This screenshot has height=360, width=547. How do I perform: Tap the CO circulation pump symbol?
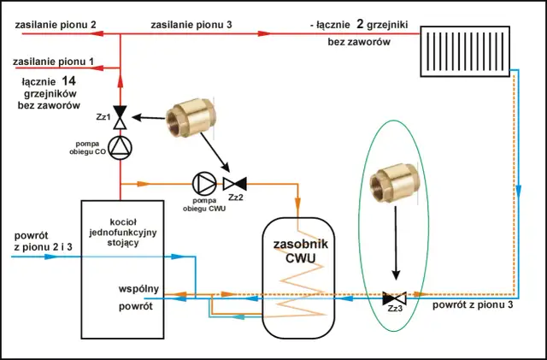(121, 146)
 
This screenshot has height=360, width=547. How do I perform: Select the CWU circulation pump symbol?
(204, 182)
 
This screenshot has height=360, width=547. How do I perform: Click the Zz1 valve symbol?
(121, 114)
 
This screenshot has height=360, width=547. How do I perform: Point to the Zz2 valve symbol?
(233, 183)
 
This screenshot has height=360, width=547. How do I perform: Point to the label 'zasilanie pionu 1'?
(50, 62)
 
